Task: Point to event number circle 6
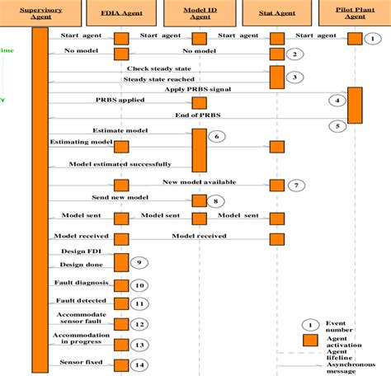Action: (216, 136)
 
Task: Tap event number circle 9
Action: (139, 262)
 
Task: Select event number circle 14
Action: (139, 364)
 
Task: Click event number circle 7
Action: (297, 186)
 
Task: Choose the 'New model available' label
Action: (200, 181)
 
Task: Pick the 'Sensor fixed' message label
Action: (80, 361)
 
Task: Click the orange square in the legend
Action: (309, 339)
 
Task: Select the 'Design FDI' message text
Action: (79, 250)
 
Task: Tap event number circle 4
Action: (336, 101)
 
